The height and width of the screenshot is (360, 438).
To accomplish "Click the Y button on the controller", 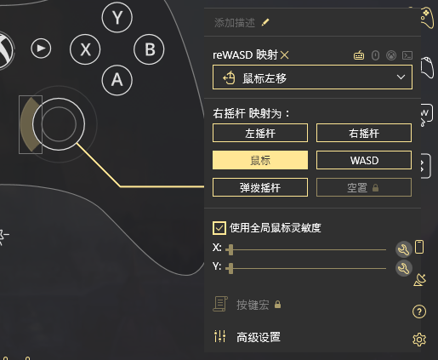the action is [117, 18].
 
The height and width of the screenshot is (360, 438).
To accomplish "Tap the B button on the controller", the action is [149, 49].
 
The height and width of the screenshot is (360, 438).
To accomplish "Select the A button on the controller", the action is [117, 80].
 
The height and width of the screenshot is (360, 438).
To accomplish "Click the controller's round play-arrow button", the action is [41, 49].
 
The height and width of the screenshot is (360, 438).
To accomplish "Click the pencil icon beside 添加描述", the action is [265, 22].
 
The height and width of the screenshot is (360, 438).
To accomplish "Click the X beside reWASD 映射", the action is [285, 54].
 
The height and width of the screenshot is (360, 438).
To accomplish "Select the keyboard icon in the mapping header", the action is [359, 55].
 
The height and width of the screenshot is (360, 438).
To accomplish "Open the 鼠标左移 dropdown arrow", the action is [401, 77].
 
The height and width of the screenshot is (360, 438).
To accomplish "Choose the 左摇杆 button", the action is [260, 133].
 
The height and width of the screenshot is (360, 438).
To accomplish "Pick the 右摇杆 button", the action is [364, 133].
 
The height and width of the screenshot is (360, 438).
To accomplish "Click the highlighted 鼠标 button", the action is [260, 160].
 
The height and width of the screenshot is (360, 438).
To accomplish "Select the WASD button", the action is [364, 160].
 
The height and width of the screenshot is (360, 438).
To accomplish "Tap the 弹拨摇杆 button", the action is [260, 187].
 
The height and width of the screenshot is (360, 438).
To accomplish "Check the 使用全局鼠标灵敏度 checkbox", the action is [219, 228].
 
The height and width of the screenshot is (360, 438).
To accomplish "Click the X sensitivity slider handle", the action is [230, 249].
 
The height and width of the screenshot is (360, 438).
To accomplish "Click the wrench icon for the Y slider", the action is [403, 268].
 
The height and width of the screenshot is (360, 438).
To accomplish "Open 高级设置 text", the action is [259, 337].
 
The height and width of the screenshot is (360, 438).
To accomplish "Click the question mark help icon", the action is [419, 311].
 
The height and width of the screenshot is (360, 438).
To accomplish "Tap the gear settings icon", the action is [419, 340].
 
